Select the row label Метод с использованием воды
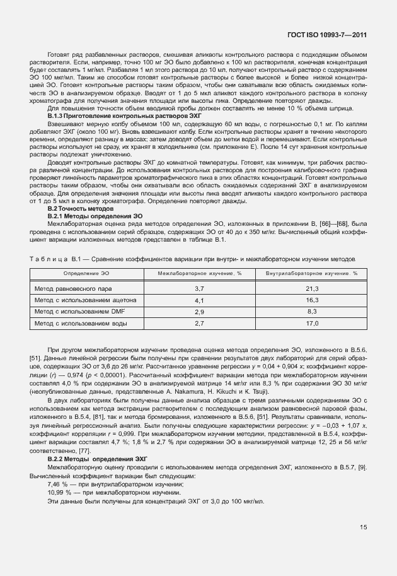80,323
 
